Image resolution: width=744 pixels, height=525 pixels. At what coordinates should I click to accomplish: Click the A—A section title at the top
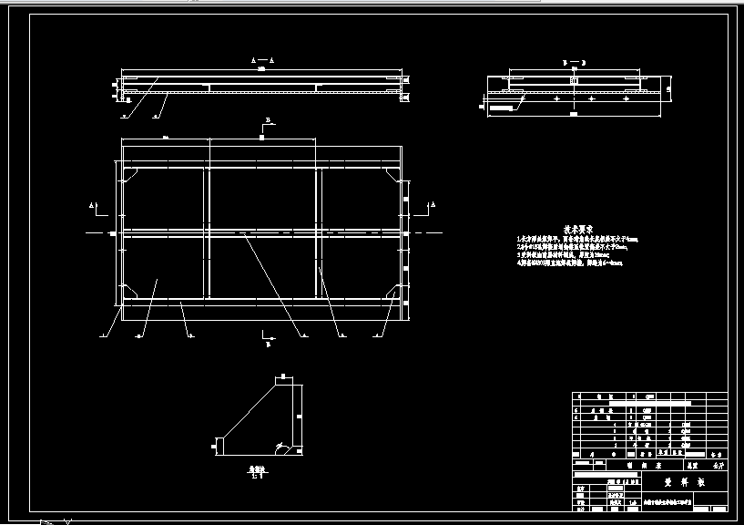point(261,57)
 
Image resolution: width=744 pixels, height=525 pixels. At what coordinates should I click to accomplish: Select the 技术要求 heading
point(577,229)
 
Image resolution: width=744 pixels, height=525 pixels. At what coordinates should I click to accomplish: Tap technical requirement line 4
point(569,262)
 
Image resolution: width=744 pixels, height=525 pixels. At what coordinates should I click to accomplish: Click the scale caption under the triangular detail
point(259,473)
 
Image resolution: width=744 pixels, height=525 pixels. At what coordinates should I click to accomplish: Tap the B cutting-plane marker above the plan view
point(268,120)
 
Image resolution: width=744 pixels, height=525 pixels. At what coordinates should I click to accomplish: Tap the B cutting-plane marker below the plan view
point(267,345)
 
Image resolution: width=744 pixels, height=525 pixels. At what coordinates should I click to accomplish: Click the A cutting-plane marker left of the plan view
point(93,205)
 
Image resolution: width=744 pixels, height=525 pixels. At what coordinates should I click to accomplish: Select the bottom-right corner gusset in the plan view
point(394,290)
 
